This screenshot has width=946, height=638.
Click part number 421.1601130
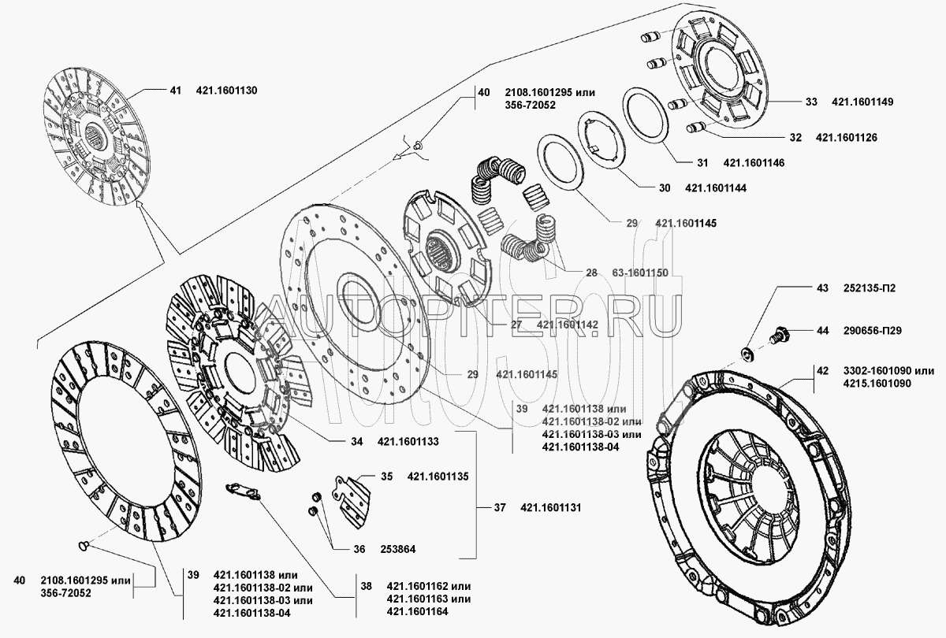tap(226, 91)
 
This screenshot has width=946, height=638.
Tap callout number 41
tap(175, 91)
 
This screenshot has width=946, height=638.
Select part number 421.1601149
tap(862, 102)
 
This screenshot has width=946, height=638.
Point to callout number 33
tap(811, 102)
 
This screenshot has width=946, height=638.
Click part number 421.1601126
tap(847, 138)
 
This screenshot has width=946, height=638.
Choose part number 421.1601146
tap(754, 163)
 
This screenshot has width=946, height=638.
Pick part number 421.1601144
tap(716, 187)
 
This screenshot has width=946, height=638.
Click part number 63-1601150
tap(640, 273)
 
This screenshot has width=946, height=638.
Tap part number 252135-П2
tap(870, 288)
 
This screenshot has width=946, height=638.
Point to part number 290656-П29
tap(873, 330)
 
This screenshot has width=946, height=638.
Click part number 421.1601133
tap(408, 441)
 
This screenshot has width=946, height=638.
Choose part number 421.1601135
tap(438, 477)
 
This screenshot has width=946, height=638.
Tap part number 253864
tap(398, 549)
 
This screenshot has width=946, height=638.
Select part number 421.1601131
tap(551, 507)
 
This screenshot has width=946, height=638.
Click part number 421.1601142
tap(567, 325)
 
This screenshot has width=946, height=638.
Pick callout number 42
tap(822, 370)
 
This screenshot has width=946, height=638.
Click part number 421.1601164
tap(417, 611)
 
